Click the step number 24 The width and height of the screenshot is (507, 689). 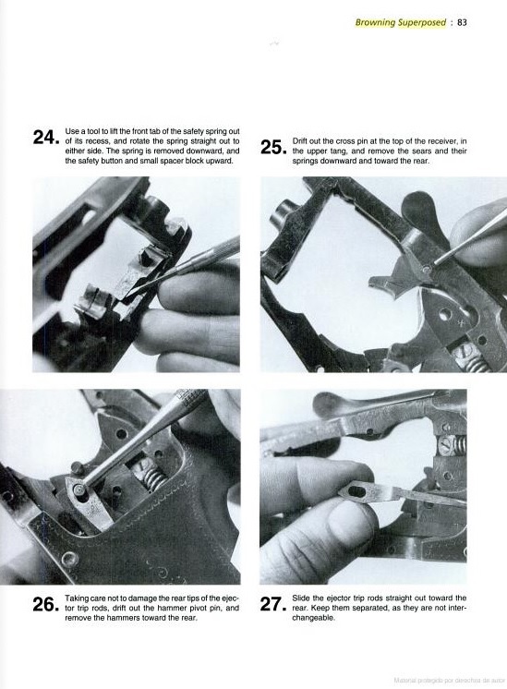point(45,138)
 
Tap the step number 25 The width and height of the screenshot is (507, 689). point(272,148)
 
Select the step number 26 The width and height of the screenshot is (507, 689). point(45,605)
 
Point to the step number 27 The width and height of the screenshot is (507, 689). point(272,605)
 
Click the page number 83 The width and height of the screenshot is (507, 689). point(462,22)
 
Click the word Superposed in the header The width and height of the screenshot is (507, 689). point(422,23)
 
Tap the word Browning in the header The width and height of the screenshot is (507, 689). point(375,23)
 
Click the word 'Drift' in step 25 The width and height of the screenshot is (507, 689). point(299,141)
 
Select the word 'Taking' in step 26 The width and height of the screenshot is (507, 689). point(75,598)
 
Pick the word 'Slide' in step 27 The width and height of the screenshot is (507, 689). point(301,598)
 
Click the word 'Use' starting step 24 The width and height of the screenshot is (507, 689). point(71,131)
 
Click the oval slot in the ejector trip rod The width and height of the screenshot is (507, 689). point(358,490)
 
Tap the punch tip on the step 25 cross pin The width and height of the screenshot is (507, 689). point(428,267)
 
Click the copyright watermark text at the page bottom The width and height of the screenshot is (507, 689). point(447,680)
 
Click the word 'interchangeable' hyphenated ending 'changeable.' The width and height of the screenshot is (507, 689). point(314,618)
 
